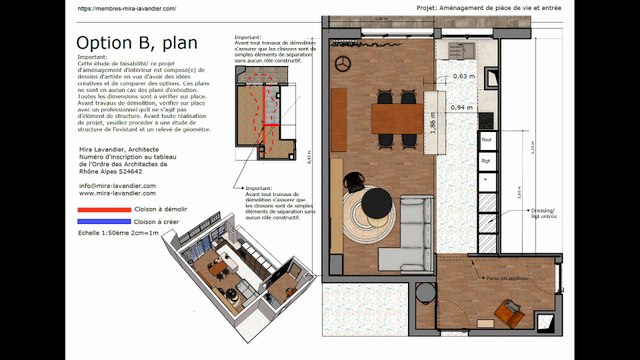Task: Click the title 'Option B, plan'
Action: pos(137,43)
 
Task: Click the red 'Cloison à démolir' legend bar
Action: pos(103,210)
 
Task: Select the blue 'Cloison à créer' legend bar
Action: pos(103,222)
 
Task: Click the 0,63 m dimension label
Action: pos(463,76)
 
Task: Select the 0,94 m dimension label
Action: pos(462,107)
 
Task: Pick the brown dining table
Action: pos(395,118)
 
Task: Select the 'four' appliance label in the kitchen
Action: pos(487,140)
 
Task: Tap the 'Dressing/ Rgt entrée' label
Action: pos(544,213)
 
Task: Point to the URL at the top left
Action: pos(126,8)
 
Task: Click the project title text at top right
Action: pos(523,8)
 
